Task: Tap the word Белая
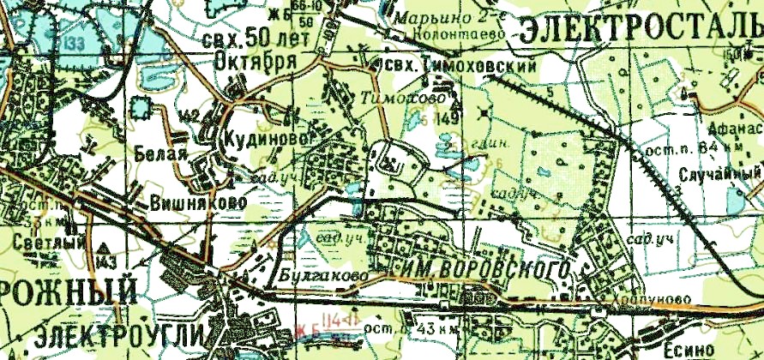pos(160,154)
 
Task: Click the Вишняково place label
pos(197,203)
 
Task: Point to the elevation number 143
pos(106,260)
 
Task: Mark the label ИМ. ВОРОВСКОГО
pos(485,268)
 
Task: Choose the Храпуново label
pos(638,299)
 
